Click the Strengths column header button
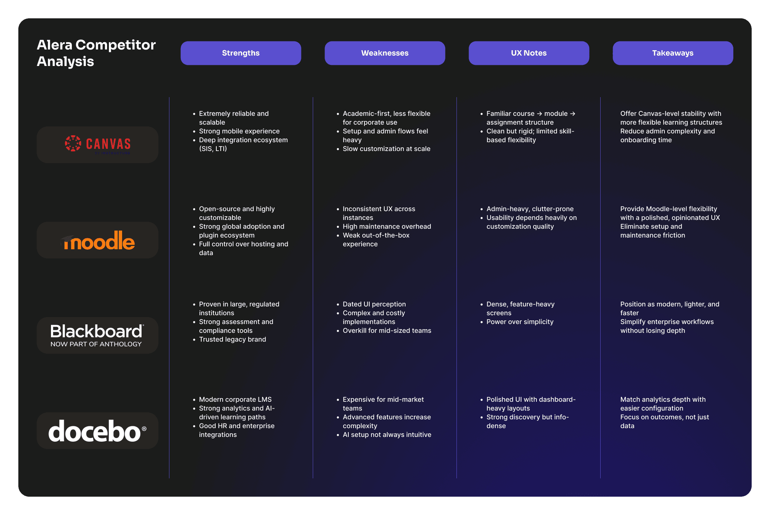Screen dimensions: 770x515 pos(241,53)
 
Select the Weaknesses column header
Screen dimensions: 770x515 pos(385,53)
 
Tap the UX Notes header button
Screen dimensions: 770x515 pos(529,53)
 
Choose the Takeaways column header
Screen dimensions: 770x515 pos(672,53)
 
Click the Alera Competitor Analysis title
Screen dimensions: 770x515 pos(96,53)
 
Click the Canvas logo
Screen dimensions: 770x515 pos(98,144)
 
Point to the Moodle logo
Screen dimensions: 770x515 pos(98,240)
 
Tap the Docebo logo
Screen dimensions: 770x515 pos(98,431)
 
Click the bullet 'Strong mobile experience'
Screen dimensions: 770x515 pos(239,131)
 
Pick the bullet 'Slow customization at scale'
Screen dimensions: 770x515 pos(386,149)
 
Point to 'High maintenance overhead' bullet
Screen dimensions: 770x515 pos(387,227)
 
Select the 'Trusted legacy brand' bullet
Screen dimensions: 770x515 pos(232,339)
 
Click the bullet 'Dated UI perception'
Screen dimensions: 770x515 pos(374,304)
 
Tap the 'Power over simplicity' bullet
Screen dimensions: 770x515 pos(520,322)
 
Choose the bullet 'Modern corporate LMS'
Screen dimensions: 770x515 pos(235,400)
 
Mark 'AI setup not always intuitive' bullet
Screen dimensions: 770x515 pos(387,435)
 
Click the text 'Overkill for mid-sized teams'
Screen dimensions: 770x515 pos(387,331)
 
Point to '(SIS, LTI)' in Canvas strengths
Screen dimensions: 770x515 pos(213,149)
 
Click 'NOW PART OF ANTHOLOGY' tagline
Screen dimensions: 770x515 pos(96,344)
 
